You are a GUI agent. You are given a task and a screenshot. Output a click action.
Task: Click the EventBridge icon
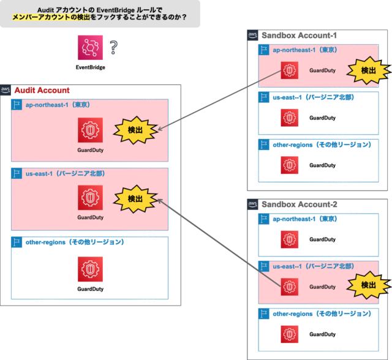(x=89, y=48)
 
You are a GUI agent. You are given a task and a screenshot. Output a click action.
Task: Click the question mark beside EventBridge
(x=113, y=47)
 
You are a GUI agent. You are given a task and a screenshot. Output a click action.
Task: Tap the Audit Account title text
(x=42, y=91)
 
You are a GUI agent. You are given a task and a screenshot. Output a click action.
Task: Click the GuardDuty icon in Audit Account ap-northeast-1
(x=90, y=130)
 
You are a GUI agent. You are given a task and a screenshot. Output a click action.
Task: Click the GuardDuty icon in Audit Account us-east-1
(x=90, y=198)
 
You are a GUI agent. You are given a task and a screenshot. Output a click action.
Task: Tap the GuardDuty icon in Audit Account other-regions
(x=90, y=269)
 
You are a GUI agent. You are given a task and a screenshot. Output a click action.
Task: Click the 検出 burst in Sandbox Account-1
(x=368, y=71)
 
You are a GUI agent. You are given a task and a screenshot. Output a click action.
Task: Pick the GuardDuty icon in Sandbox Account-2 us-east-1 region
(x=288, y=286)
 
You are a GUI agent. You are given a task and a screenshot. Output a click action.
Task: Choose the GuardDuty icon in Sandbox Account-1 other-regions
(x=288, y=165)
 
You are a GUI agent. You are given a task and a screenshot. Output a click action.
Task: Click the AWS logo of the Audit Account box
(x=6, y=90)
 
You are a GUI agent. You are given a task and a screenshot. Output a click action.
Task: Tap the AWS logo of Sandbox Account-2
(x=253, y=204)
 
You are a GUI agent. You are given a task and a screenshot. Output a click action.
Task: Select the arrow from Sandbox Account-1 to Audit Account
(x=221, y=99)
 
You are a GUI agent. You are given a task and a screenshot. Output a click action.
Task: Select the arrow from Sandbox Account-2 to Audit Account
(x=221, y=242)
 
